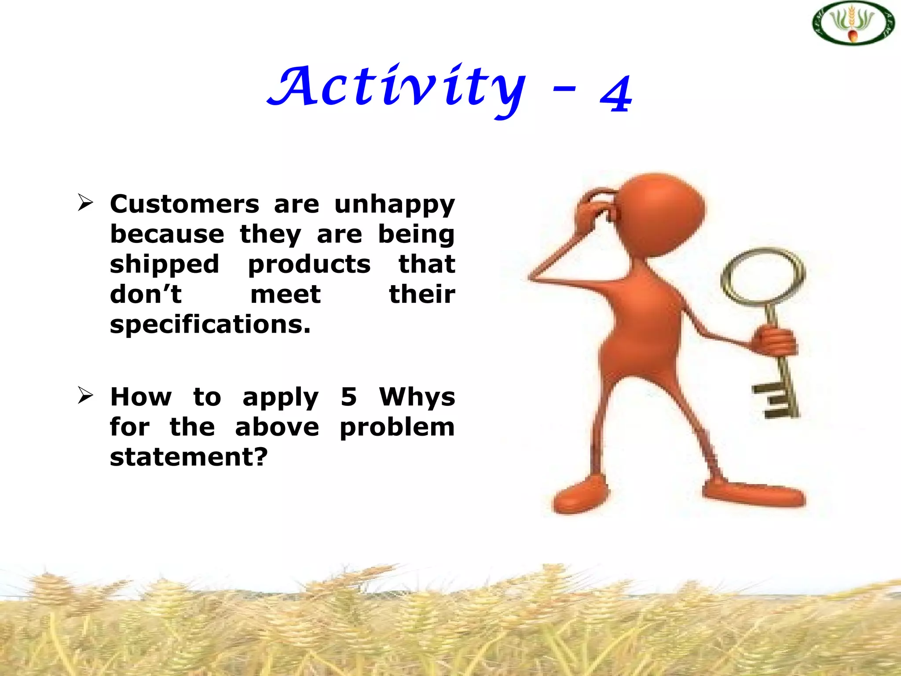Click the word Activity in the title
coord(396,88)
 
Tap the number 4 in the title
coord(616,93)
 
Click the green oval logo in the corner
coord(853,23)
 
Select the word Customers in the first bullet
coord(184,204)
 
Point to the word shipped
coord(164,265)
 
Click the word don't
coord(146,294)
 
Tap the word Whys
coord(417,397)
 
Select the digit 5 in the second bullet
coord(348,397)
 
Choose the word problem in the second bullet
coord(397,427)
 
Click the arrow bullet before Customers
coord(85,202)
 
